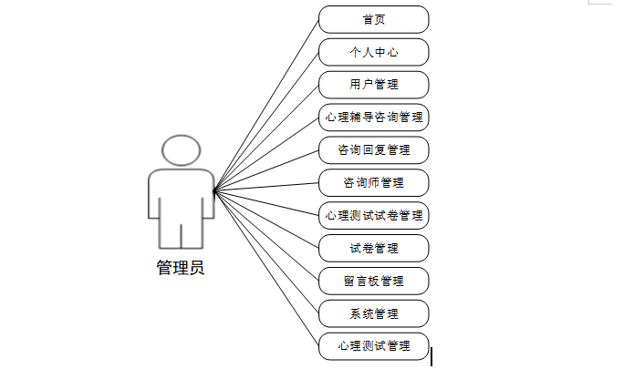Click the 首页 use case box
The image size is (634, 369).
pyautogui.click(x=374, y=19)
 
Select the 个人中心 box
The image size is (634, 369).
pyautogui.click(x=374, y=52)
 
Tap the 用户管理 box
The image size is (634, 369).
pyautogui.click(x=374, y=85)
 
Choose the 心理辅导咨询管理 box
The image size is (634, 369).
pyautogui.click(x=374, y=118)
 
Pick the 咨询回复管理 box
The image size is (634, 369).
pyautogui.click(x=374, y=150)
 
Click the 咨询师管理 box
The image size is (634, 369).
pyautogui.click(x=374, y=183)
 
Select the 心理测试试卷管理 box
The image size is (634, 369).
pyautogui.click(x=374, y=216)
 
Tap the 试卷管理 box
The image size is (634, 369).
pyautogui.click(x=374, y=248)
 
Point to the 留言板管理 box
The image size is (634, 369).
pyautogui.click(x=374, y=281)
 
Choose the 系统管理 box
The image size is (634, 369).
pyautogui.click(x=374, y=313)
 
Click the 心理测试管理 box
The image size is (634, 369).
pyautogui.click(x=374, y=346)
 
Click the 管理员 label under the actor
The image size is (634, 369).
pyautogui.click(x=181, y=268)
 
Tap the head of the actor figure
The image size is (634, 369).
pyautogui.click(x=181, y=150)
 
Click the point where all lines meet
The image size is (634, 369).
pyautogui.click(x=213, y=191)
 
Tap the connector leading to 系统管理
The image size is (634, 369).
pyautogui.click(x=266, y=252)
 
